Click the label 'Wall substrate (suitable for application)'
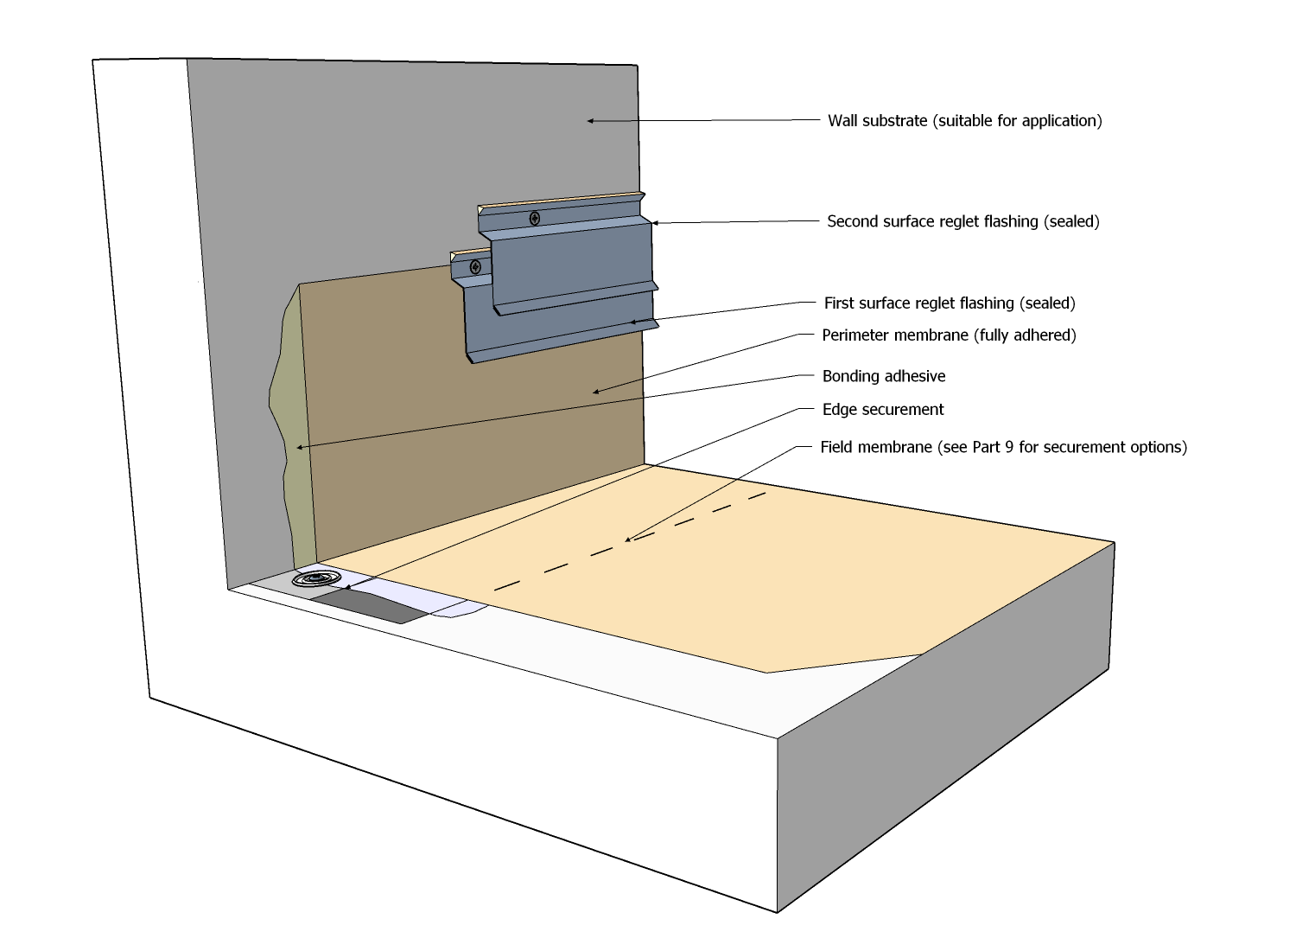964,121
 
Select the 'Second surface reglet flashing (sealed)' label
962,221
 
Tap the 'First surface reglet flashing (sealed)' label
949,303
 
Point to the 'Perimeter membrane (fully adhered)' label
949,335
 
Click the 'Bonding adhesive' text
883,376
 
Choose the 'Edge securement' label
882,410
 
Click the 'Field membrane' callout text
1003,447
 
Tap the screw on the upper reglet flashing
535,218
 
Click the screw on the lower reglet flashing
475,267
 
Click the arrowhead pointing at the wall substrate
591,121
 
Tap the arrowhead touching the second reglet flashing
655,223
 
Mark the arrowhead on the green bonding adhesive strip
300,447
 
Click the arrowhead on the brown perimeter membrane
595,393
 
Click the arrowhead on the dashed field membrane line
629,540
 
